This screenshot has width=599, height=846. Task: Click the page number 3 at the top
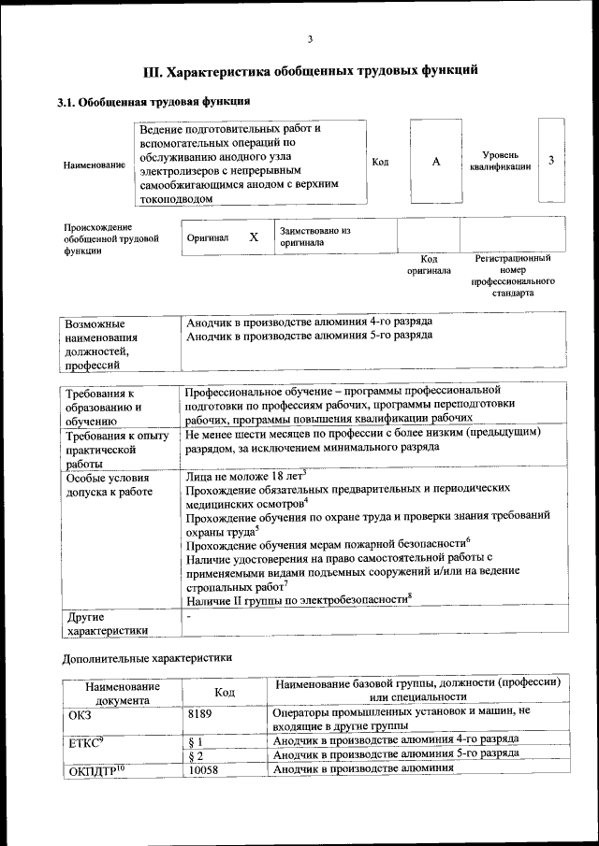coord(309,38)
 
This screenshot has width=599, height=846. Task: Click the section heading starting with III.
coord(310,70)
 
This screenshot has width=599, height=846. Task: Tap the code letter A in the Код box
coord(436,162)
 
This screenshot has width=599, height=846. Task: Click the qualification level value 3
coord(551,160)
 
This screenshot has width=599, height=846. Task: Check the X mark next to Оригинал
coord(253,237)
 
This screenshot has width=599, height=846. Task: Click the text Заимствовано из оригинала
coord(314,236)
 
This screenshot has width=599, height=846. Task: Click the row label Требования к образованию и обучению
coord(103,408)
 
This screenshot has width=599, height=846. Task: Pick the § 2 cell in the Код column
coord(197,754)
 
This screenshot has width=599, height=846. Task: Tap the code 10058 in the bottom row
coord(205,770)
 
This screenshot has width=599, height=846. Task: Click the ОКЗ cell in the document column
coord(80,712)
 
